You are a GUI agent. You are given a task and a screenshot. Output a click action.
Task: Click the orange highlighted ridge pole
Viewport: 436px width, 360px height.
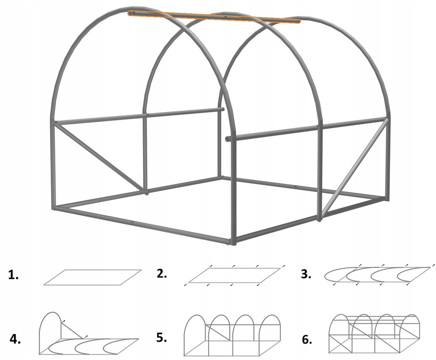[x=214, y=17]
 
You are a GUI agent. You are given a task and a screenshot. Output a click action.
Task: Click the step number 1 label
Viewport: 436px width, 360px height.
[x=13, y=275]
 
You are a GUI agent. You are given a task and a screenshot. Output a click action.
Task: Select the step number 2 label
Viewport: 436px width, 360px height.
[x=161, y=274]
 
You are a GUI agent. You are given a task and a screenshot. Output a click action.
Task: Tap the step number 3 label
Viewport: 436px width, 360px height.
[x=306, y=274]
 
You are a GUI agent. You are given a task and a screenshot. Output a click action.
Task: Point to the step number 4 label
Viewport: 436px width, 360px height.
[x=15, y=339]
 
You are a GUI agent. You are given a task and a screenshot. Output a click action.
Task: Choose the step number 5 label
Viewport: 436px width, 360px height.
[x=161, y=337]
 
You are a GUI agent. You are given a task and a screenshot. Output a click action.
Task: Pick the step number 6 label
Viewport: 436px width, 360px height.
[x=307, y=340]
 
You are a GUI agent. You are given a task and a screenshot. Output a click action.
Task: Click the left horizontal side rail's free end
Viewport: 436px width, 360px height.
[x=222, y=109]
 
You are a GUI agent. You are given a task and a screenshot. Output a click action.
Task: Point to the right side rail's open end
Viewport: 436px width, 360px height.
[x=228, y=138]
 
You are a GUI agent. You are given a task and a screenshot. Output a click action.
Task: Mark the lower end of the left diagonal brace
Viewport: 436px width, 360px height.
[x=146, y=191]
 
